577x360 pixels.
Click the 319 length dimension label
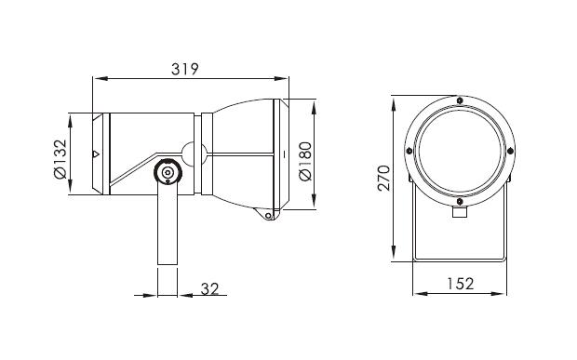pyautogui.click(x=184, y=69)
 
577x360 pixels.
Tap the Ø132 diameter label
pyautogui.click(x=60, y=159)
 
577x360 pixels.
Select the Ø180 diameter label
pyautogui.click(x=305, y=161)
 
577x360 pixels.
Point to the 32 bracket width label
pyautogui.click(x=209, y=289)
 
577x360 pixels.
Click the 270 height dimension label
pyautogui.click(x=383, y=179)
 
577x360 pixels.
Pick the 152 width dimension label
pyautogui.click(x=461, y=284)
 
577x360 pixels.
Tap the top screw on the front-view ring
pyautogui.click(x=460, y=100)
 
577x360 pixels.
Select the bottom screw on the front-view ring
pyautogui.click(x=460, y=202)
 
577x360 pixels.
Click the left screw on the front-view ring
pyautogui.click(x=409, y=151)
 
